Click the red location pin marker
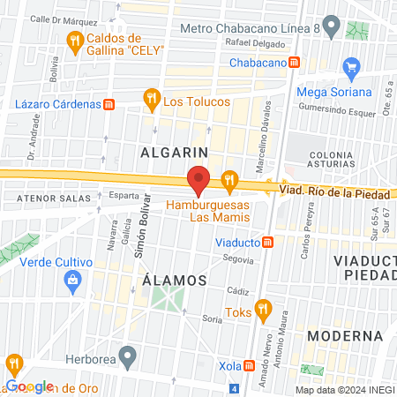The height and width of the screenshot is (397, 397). [x=198, y=180]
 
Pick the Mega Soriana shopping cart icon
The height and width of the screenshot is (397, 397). [x=352, y=66]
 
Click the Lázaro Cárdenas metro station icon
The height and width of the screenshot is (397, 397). [x=109, y=104]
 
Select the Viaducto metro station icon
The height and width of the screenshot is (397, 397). [x=268, y=242]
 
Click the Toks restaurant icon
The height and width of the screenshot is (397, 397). [x=262, y=310]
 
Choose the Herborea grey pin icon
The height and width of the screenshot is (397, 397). [x=129, y=359]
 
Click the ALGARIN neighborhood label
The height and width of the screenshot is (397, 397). [x=174, y=152]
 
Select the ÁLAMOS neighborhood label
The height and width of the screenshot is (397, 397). [x=174, y=280]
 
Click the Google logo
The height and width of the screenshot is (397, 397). [x=29, y=386]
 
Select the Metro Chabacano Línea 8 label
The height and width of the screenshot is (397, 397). [x=249, y=28]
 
